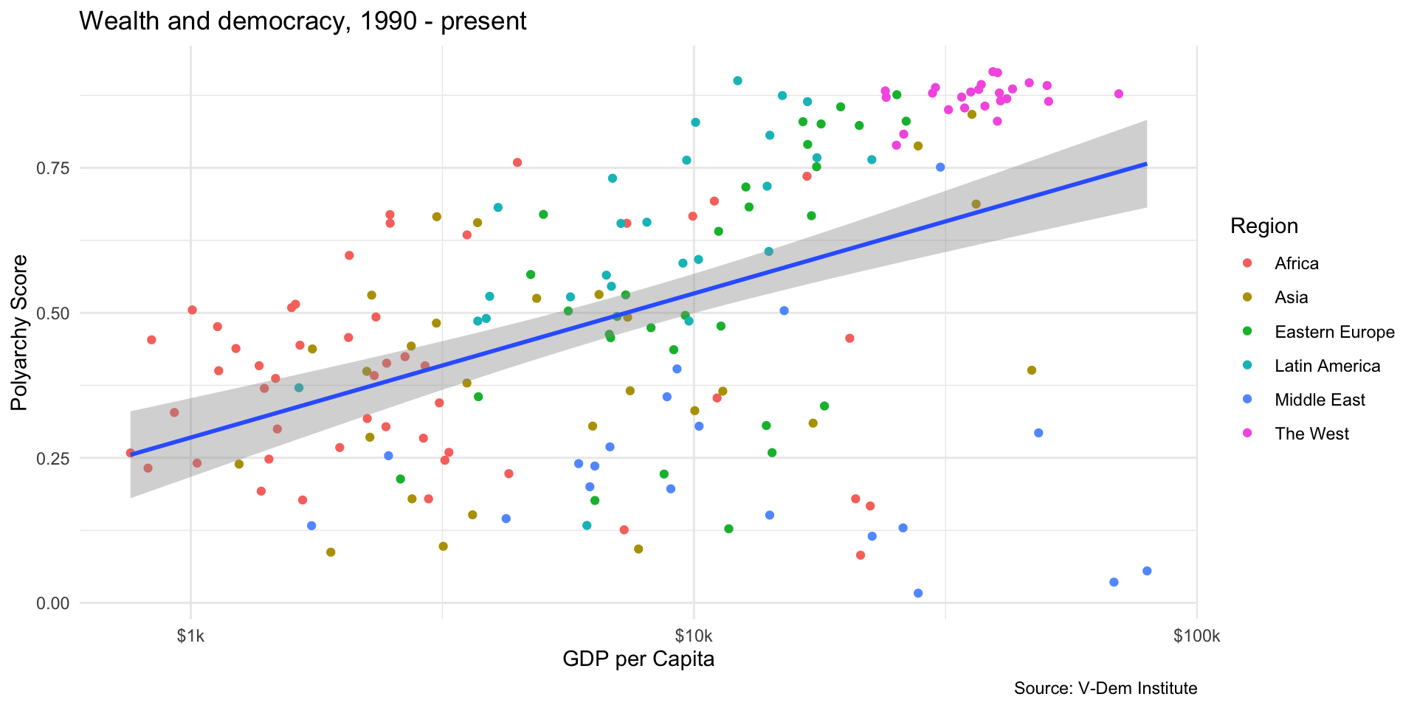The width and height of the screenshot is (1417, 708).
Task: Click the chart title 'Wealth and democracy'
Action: click(x=303, y=21)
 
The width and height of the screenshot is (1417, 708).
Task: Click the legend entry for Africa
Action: click(x=1296, y=264)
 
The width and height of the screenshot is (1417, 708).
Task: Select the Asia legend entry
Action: click(x=1291, y=298)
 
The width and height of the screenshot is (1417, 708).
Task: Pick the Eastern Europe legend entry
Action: click(x=1334, y=332)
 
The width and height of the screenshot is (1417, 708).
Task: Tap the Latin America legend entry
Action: click(x=1327, y=366)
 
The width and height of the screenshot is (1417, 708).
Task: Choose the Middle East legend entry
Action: click(x=1320, y=400)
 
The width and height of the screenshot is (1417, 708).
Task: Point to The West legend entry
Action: click(x=1311, y=434)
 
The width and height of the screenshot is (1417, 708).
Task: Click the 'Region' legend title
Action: click(x=1264, y=226)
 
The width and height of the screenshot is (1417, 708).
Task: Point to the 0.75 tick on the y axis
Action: click(x=53, y=168)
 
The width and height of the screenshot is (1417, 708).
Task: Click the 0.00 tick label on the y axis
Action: click(x=53, y=603)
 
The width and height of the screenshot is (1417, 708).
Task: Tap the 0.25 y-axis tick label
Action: click(x=53, y=458)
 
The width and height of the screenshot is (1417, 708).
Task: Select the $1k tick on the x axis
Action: click(x=191, y=636)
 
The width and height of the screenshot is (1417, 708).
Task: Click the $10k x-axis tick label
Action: click(x=694, y=636)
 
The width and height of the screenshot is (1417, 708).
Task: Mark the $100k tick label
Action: click(x=1196, y=636)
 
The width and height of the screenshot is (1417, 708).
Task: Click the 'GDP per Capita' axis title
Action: click(x=638, y=659)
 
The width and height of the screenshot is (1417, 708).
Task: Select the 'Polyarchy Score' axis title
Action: click(x=20, y=333)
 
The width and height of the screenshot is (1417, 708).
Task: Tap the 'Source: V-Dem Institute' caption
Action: click(x=1105, y=689)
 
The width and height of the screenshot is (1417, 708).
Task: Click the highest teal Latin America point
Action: click(x=737, y=81)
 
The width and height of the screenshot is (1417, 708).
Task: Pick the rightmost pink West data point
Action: click(x=1119, y=94)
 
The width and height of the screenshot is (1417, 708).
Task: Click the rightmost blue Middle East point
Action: click(x=1147, y=571)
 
